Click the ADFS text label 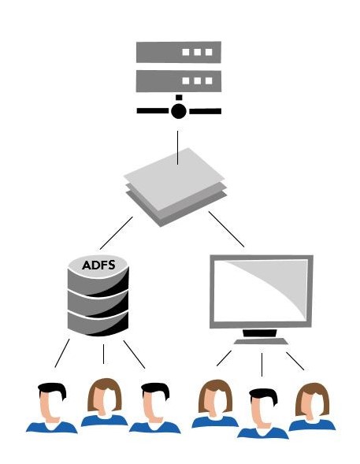click(98, 265)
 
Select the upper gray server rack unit click(179, 52)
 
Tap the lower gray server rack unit click(179, 81)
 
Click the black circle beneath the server click(179, 111)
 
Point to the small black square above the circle click(179, 98)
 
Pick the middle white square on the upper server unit click(197, 52)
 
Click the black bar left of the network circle click(153, 111)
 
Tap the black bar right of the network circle click(206, 111)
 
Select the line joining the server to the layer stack click(177, 147)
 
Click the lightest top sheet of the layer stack click(174, 179)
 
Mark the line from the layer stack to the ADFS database click(117, 233)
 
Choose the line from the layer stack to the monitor click(226, 229)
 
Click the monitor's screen click(261, 291)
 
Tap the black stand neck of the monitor click(260, 333)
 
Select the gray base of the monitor click(261, 341)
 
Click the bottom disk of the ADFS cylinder click(98, 324)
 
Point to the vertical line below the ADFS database click(103, 354)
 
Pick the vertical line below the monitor click(262, 365)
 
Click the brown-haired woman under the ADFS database click(105, 402)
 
